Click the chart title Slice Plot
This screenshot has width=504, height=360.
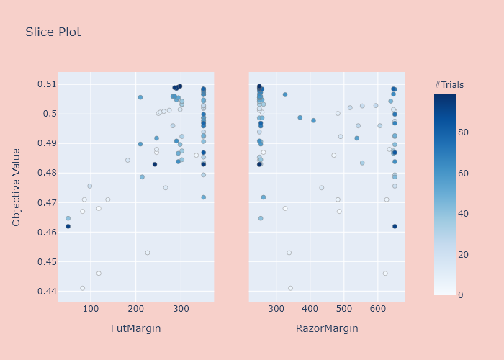click(x=53, y=32)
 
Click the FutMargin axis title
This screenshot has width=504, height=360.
click(x=135, y=328)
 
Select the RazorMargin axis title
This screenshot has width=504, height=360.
click(x=327, y=328)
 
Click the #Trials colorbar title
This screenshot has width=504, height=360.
click(x=449, y=85)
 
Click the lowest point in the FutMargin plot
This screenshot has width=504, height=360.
click(x=83, y=288)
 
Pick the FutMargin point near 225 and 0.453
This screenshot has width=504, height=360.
click(x=148, y=253)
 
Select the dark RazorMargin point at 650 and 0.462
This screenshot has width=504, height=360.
click(x=395, y=226)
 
